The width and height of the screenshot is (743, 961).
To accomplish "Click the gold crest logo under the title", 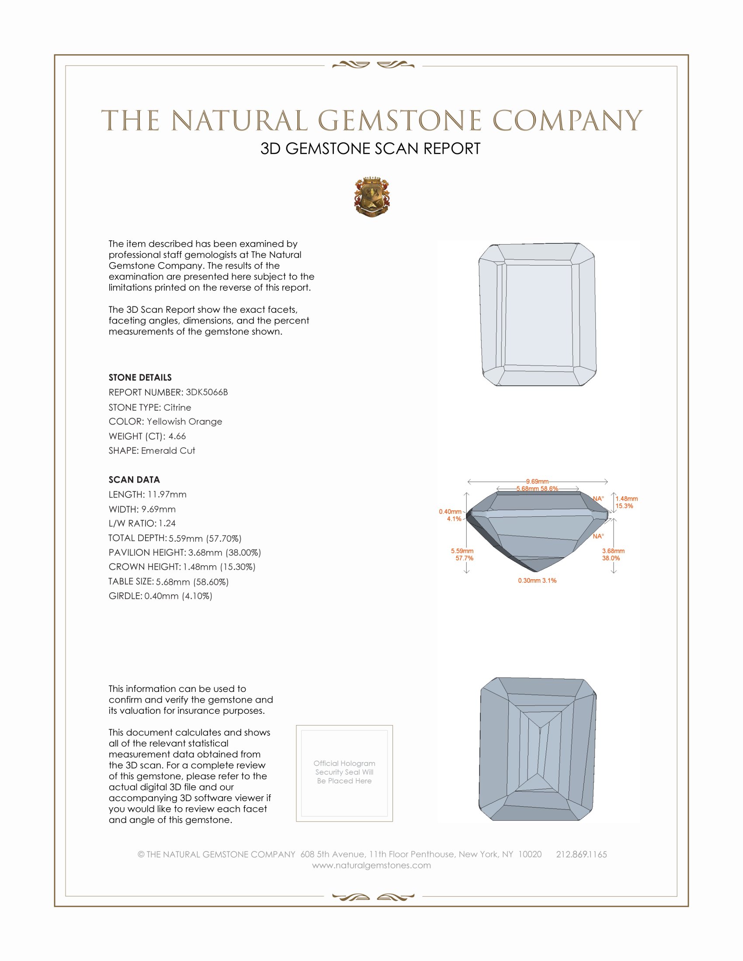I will click(x=372, y=197).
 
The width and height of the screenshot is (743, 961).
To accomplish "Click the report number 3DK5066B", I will click(x=206, y=392).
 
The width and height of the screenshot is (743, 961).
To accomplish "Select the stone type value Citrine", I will click(x=177, y=407).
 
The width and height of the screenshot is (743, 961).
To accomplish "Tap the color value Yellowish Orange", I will click(x=184, y=422).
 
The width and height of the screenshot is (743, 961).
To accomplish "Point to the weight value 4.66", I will click(x=177, y=436).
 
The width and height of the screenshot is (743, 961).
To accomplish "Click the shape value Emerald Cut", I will click(x=168, y=451).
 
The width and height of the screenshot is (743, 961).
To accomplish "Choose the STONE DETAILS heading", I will click(x=140, y=377).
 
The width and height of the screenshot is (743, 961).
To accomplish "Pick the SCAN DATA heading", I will click(x=134, y=480).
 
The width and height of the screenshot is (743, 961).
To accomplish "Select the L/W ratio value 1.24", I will click(x=167, y=523).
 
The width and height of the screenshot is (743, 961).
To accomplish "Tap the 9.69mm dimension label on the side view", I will click(x=537, y=481).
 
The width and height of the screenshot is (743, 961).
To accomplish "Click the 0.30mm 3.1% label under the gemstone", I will click(x=537, y=581).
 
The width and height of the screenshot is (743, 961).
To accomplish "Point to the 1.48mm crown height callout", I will click(x=626, y=498).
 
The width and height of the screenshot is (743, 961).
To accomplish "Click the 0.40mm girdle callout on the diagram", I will click(x=450, y=512).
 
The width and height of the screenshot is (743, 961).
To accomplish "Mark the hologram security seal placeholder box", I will click(x=344, y=774).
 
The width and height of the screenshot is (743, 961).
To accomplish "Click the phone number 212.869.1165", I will click(x=581, y=854).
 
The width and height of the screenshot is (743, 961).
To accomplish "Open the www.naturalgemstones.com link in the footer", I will click(x=371, y=865).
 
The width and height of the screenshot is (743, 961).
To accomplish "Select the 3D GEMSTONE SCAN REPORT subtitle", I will click(x=370, y=149).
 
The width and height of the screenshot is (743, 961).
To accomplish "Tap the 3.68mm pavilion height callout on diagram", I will click(x=613, y=551).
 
